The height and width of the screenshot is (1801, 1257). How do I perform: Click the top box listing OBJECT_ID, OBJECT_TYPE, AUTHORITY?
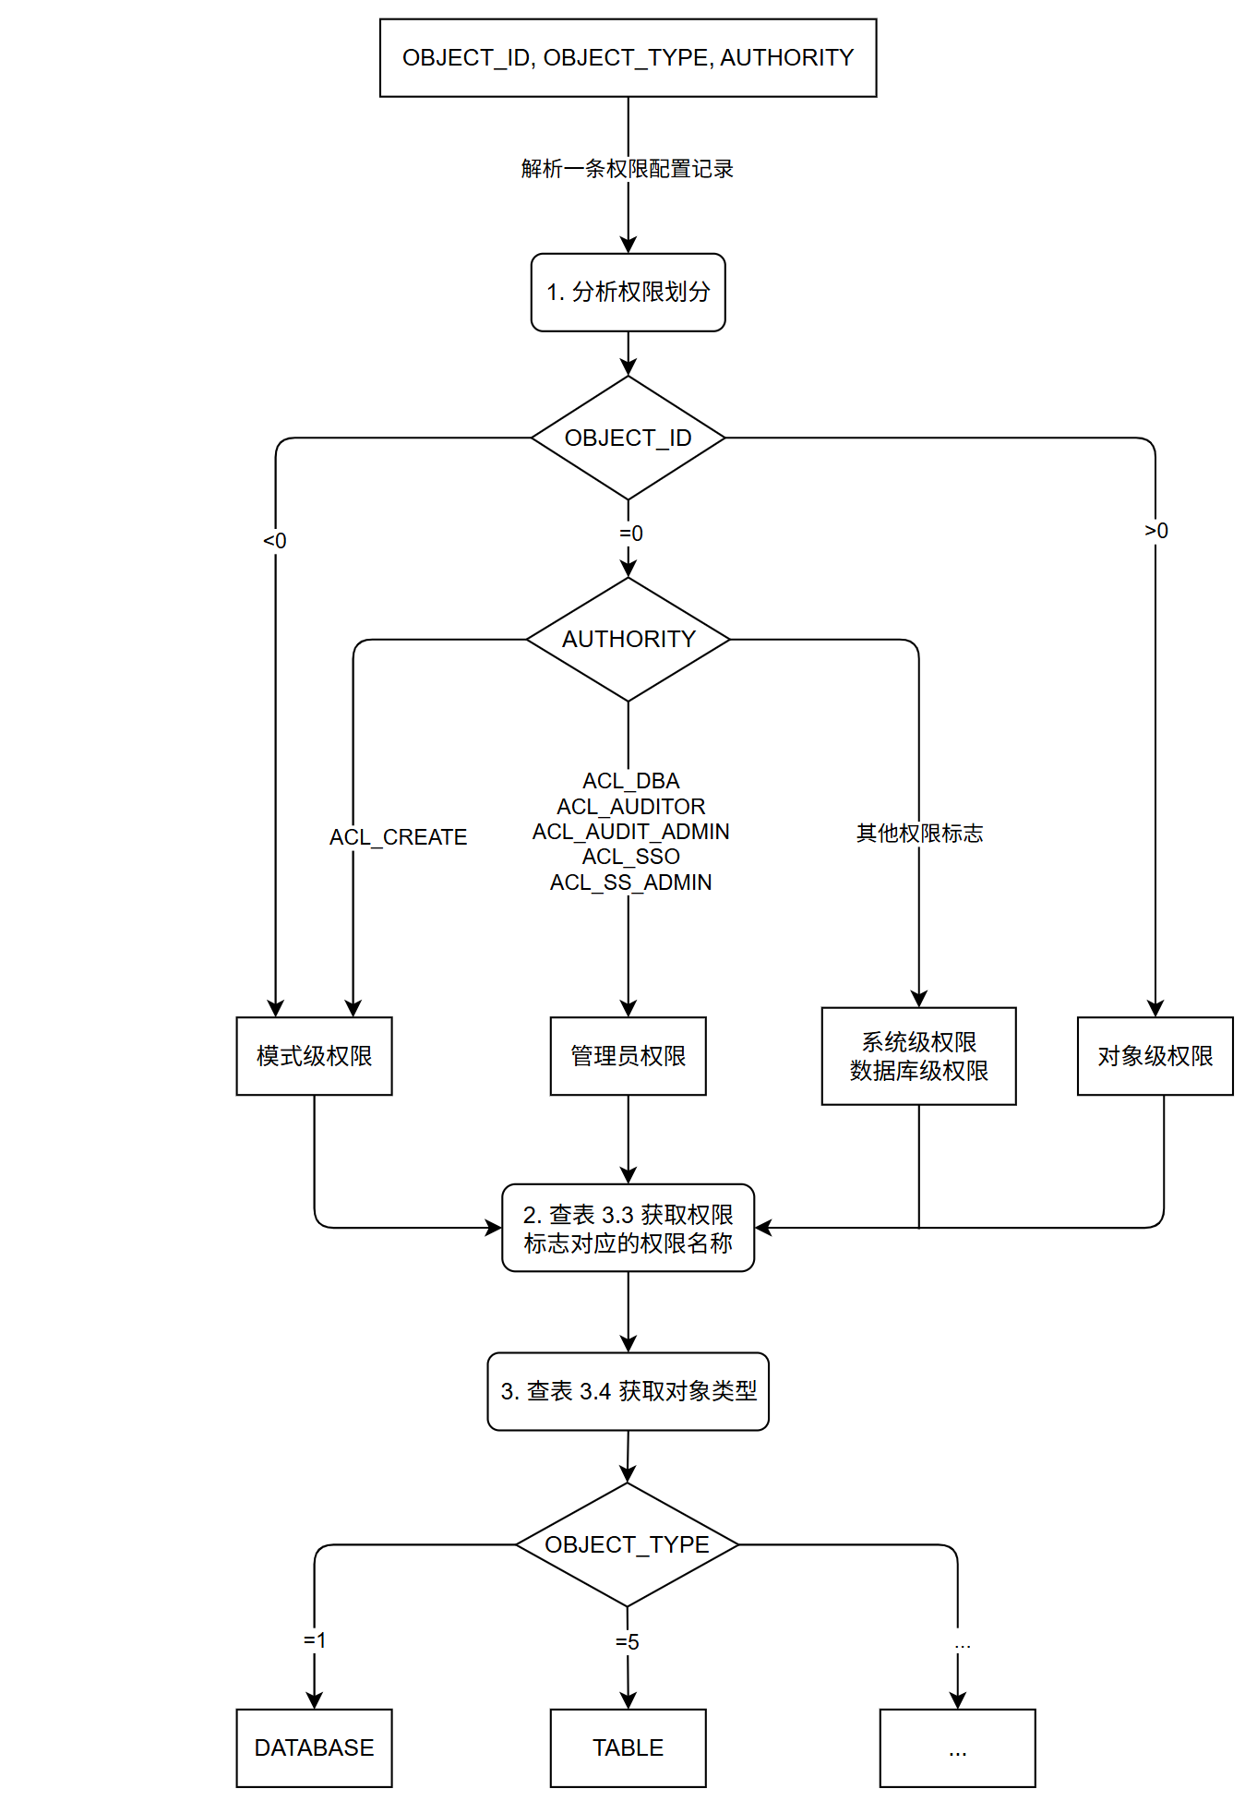(x=628, y=57)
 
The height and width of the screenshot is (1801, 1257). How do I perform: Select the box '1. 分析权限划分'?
(x=628, y=292)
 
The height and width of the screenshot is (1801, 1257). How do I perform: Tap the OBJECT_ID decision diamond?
(x=628, y=438)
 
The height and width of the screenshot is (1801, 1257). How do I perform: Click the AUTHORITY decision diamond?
(x=628, y=639)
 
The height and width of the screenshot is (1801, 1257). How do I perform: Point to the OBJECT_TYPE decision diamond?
(x=627, y=1544)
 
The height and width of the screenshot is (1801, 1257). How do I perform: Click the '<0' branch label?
(x=275, y=541)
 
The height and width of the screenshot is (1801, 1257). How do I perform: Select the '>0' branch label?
(x=1156, y=531)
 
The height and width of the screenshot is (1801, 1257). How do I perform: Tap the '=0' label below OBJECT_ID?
(x=631, y=534)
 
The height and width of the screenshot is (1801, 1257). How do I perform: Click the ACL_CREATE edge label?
(x=398, y=837)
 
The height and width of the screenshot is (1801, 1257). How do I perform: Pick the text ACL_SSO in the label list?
(x=631, y=857)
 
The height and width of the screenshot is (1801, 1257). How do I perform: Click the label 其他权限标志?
(x=919, y=834)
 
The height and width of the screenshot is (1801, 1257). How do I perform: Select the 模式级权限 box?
(x=314, y=1056)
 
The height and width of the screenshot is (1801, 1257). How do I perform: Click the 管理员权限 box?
(x=628, y=1056)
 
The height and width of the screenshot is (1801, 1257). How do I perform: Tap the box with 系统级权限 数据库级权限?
(x=918, y=1056)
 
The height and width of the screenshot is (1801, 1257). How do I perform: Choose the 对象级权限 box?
(x=1155, y=1056)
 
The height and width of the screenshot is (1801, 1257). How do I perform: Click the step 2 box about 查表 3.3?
(x=628, y=1228)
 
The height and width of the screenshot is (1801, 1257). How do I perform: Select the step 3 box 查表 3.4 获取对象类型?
(x=628, y=1391)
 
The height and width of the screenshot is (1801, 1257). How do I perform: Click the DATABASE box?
(x=314, y=1747)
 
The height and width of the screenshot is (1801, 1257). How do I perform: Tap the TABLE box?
(x=628, y=1747)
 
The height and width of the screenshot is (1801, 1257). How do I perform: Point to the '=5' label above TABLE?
(x=628, y=1642)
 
